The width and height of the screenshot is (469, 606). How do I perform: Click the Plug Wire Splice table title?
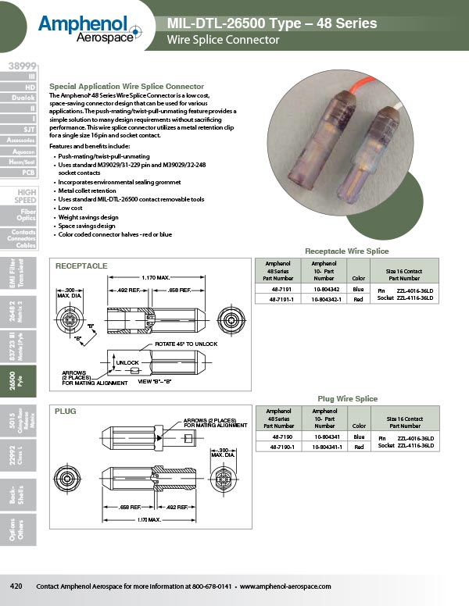pos(348,399)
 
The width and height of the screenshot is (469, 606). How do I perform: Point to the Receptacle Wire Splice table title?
pos(346,251)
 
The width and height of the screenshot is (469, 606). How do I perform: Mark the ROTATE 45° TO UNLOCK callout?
pos(186,344)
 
